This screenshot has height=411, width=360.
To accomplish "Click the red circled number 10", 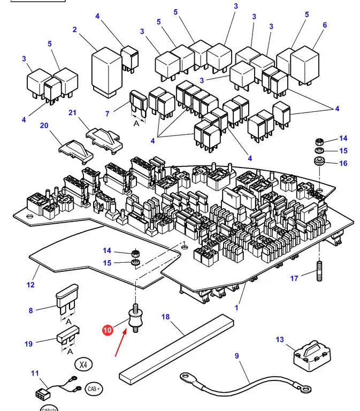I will click(x=108, y=330).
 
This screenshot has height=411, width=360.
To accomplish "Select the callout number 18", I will click(x=165, y=317).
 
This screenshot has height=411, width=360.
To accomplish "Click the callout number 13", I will click(x=280, y=340).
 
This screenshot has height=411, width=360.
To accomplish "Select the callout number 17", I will click(x=294, y=278).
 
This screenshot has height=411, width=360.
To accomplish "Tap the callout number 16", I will click(x=343, y=163).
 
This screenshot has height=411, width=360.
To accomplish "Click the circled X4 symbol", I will click(x=82, y=366).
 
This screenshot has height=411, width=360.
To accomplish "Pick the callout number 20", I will click(x=44, y=125).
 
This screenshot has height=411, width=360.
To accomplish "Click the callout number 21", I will click(x=73, y=112).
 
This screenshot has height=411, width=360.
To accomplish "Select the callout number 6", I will click(x=325, y=25).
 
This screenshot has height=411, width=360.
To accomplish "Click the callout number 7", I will click(x=107, y=113).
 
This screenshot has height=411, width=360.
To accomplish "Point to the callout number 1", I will click(x=236, y=308).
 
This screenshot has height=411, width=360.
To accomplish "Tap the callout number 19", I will click(x=28, y=344).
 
